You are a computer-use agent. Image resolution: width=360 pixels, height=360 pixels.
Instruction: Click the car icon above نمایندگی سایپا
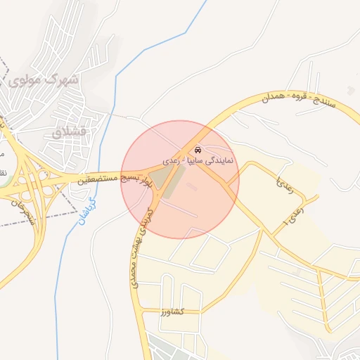[x=198, y=150]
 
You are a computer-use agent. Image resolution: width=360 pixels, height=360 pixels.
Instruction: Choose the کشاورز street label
[x=171, y=311]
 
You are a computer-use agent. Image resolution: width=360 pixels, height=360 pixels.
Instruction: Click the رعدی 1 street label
[x=297, y=214]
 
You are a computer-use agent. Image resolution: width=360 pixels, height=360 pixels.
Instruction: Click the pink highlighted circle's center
[x=180, y=179]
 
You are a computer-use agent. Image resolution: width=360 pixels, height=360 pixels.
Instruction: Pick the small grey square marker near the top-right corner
[x=351, y=87]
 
